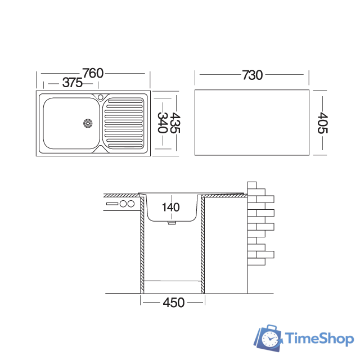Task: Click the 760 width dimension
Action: pos(93,73)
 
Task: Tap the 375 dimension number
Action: pos(73,83)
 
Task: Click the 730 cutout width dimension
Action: pos(252,74)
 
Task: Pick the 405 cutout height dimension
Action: pos(322,123)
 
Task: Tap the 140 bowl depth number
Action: pos(170,207)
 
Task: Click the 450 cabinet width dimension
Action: pos(173,303)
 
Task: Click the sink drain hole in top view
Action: pos(88,122)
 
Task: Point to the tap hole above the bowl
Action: pos(100,97)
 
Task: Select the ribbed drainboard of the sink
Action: pos(124,122)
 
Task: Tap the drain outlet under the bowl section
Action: pos(172,223)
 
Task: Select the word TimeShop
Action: pos(319,339)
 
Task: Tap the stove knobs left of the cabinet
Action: pos(127,204)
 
